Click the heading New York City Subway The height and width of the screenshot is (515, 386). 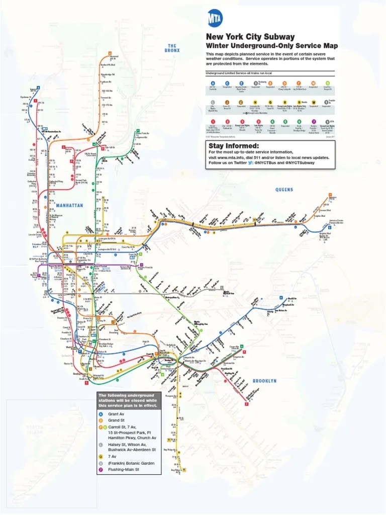point(250,37)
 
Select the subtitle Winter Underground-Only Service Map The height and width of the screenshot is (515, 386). point(264,46)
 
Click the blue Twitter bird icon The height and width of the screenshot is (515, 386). point(251,163)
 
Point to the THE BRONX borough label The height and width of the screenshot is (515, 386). point(172,48)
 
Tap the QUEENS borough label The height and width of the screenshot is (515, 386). point(284,190)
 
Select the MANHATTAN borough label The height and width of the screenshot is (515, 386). point(70,206)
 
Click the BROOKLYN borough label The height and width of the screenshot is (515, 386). point(264,381)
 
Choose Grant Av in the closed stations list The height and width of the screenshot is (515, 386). point(116,414)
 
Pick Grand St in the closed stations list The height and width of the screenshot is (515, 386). point(116,420)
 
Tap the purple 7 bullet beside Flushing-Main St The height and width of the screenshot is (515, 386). point(101,469)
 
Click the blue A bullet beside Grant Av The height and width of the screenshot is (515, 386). point(101,414)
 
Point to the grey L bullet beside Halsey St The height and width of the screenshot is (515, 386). point(101,445)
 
